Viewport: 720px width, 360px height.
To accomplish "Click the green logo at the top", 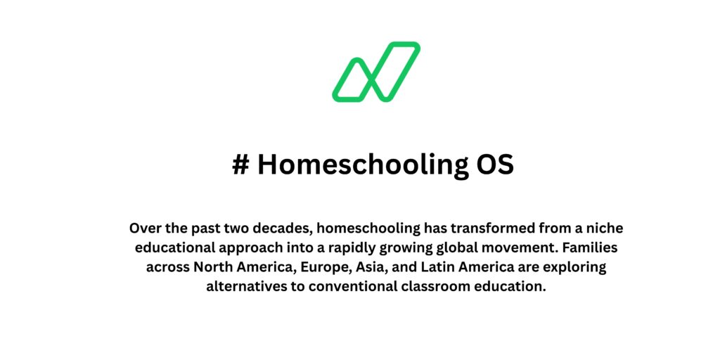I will [376, 72].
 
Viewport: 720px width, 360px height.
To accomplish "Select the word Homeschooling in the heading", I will [359, 165].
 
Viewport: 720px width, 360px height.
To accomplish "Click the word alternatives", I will [244, 287].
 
